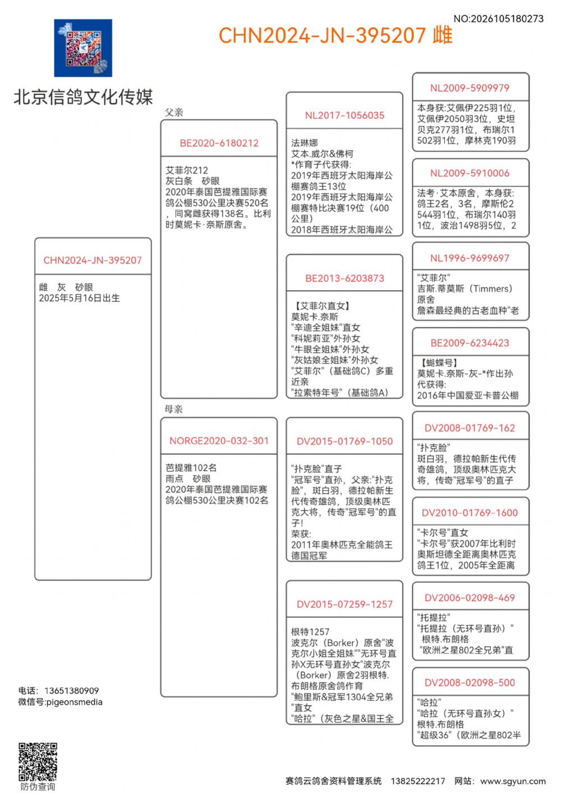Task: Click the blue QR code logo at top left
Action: click(x=83, y=48)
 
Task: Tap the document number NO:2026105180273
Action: click(x=498, y=19)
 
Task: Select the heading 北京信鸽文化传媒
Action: click(x=83, y=97)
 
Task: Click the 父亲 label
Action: click(x=174, y=112)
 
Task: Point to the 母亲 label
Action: click(x=174, y=409)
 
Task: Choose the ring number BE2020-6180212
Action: click(x=219, y=143)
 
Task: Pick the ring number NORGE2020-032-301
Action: click(x=219, y=441)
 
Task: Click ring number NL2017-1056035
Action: click(x=344, y=116)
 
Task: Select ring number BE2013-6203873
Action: click(x=344, y=278)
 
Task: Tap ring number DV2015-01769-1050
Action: click(x=344, y=441)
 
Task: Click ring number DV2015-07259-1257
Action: click(x=344, y=604)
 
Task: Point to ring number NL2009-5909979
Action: click(x=470, y=88)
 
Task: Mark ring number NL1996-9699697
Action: click(x=470, y=258)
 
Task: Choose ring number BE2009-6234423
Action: click(x=470, y=343)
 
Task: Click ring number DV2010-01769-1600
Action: click(x=470, y=513)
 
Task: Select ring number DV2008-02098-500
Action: click(x=470, y=683)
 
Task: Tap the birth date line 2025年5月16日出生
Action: click(x=79, y=298)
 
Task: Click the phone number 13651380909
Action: click(x=71, y=690)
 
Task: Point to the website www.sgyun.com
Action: click(x=513, y=781)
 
